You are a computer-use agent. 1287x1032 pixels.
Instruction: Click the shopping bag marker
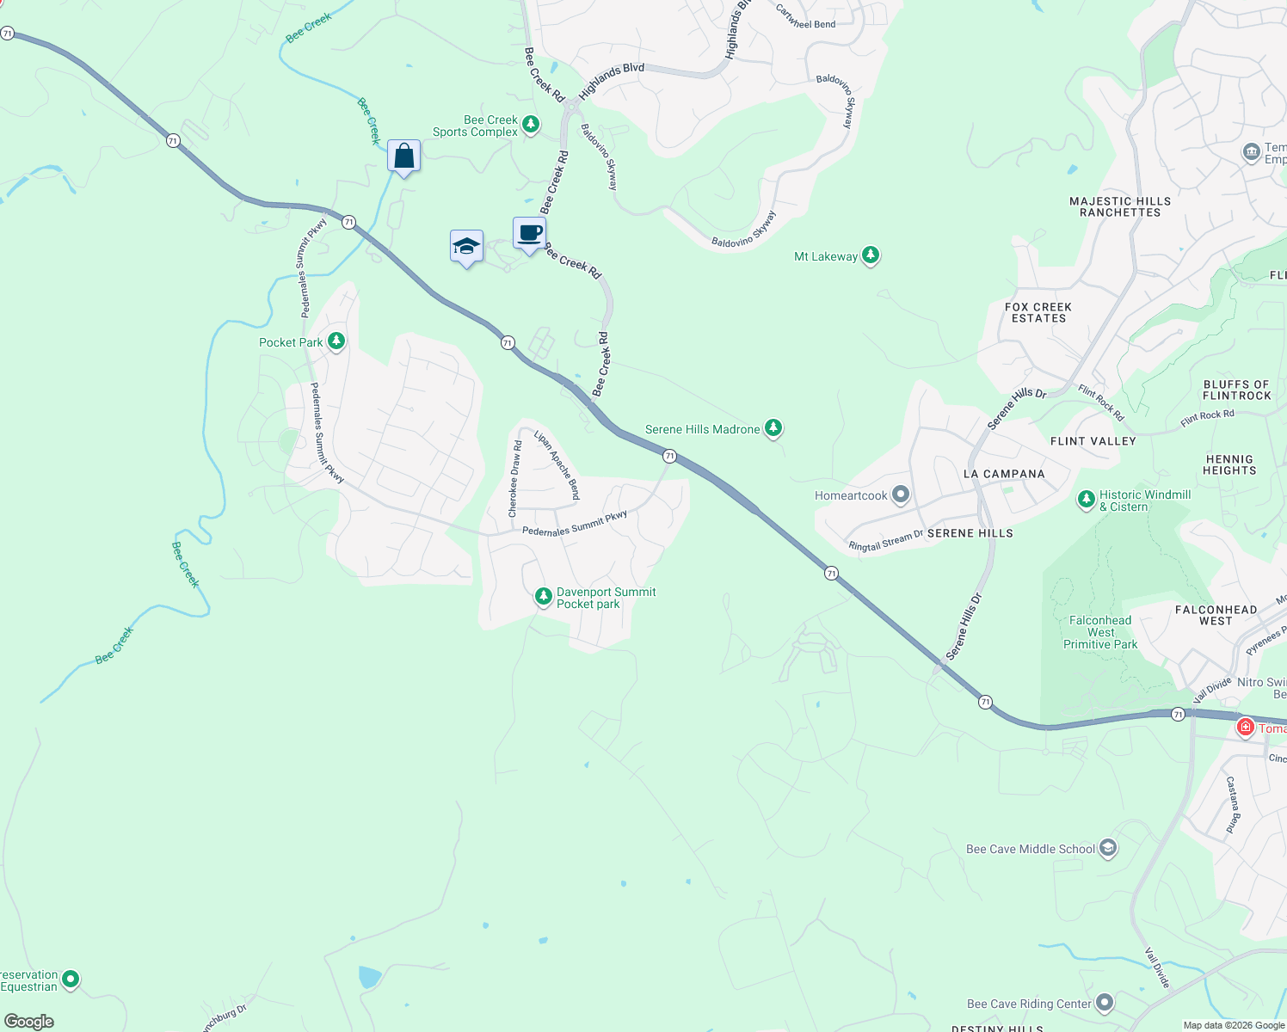(x=403, y=157)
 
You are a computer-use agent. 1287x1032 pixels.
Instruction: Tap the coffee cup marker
(x=530, y=233)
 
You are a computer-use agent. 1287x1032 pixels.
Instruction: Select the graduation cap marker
(x=466, y=247)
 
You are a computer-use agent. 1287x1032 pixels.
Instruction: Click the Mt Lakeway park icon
(x=871, y=255)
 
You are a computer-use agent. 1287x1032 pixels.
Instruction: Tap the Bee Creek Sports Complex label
(x=476, y=126)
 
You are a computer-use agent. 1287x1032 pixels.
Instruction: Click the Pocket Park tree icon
(x=336, y=341)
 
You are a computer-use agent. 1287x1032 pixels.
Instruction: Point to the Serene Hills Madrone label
(x=702, y=430)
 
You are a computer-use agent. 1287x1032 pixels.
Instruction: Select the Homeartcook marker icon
(x=901, y=494)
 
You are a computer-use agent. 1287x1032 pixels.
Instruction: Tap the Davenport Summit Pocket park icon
(x=543, y=596)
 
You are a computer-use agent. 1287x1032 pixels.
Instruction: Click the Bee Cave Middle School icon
(x=1108, y=849)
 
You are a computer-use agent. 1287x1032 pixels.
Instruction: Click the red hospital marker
(x=1245, y=728)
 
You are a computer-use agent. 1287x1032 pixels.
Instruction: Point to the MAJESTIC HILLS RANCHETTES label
(x=1120, y=207)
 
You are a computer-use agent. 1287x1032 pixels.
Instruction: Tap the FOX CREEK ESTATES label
(x=1038, y=313)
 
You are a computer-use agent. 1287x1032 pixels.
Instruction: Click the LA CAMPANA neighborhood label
(x=1004, y=474)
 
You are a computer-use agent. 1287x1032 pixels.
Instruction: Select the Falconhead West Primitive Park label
(x=1100, y=632)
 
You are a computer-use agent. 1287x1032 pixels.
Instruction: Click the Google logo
(x=28, y=1022)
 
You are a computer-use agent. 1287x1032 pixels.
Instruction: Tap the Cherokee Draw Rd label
(x=515, y=479)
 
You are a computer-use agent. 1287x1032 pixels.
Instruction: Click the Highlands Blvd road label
(x=612, y=80)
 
